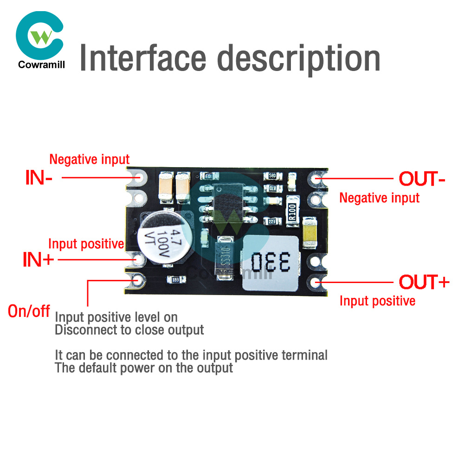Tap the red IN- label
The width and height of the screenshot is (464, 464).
click(39, 178)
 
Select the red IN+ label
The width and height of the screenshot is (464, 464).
click(38, 259)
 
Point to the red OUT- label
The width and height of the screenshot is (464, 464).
click(422, 179)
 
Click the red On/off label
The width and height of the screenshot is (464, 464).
click(29, 311)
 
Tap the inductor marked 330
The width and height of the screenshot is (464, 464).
click(271, 263)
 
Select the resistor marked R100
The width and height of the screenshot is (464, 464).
click(292, 214)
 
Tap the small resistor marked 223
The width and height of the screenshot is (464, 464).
click(272, 221)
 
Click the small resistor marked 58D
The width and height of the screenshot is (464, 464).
click(272, 176)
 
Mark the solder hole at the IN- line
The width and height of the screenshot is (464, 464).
click(138, 177)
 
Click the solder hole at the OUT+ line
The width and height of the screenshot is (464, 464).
click(317, 282)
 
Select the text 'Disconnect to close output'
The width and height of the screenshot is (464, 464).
click(129, 330)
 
